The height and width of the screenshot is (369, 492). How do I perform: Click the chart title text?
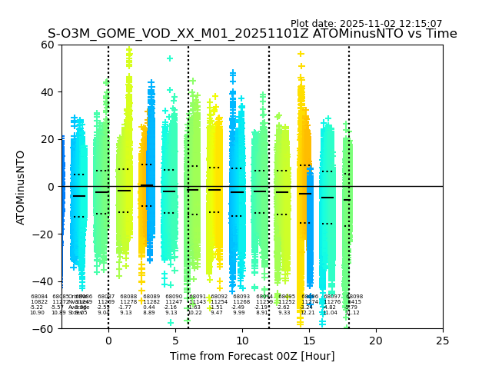point(252,34)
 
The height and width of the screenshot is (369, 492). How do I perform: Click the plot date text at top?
point(366,24)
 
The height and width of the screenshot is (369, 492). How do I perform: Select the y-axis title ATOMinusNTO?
point(22,187)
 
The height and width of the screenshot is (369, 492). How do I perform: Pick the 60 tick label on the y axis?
point(47,45)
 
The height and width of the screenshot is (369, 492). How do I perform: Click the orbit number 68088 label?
point(128,297)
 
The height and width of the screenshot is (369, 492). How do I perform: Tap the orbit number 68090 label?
point(174,297)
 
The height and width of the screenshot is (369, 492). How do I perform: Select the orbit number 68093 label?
point(241,297)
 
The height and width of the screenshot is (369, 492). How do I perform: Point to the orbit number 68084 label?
point(39,297)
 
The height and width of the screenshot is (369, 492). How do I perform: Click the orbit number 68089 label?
point(151,297)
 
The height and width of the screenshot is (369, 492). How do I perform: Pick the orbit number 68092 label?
point(219,297)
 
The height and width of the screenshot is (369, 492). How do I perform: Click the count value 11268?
point(241,302)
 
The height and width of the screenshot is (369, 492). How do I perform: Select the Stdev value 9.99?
point(239,313)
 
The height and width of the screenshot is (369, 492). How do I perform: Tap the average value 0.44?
point(149,307)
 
